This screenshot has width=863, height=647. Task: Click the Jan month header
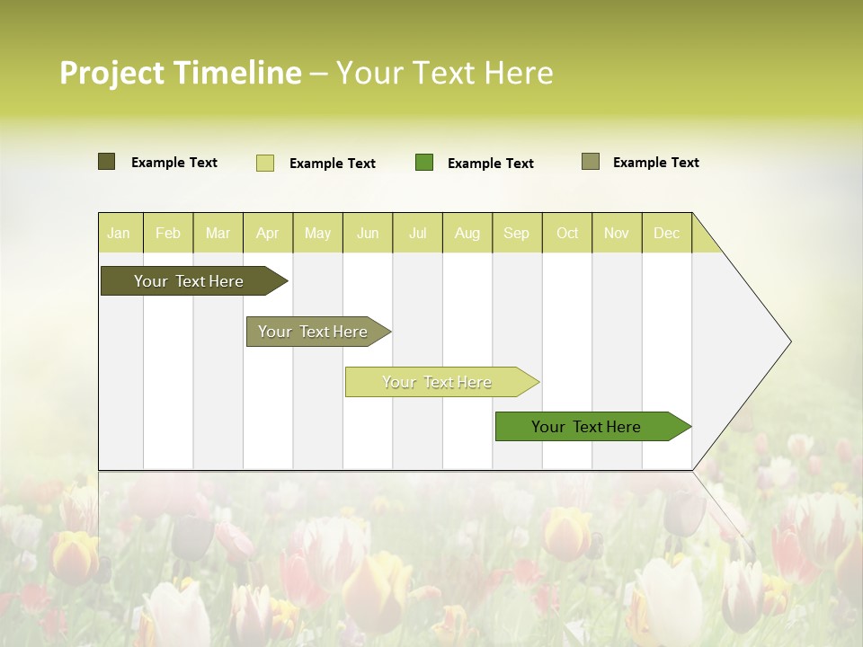tap(119, 233)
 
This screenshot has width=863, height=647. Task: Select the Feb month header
tap(168, 233)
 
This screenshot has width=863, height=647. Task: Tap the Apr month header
tap(268, 233)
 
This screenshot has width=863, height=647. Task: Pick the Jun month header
tap(368, 233)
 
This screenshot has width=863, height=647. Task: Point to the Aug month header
tap(467, 233)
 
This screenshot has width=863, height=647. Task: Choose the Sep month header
tap(517, 233)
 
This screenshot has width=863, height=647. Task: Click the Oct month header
tap(567, 233)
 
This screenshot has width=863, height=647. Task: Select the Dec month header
tap(667, 233)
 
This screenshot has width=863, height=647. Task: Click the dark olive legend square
tap(107, 162)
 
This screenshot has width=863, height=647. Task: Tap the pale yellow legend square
tap(265, 163)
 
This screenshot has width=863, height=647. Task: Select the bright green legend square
tap(424, 162)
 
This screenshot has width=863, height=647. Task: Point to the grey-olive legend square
tap(591, 162)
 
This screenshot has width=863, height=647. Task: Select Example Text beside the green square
tap(490, 164)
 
